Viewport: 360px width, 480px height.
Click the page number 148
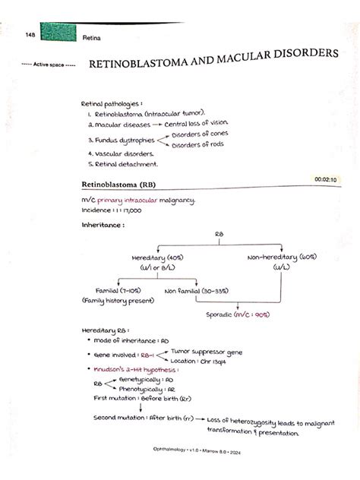[30, 35]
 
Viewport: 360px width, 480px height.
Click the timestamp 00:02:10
[324, 179]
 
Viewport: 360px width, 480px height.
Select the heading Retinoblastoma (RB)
[119, 185]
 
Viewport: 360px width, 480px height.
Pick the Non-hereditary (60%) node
[282, 257]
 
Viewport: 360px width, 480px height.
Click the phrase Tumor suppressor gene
[207, 352]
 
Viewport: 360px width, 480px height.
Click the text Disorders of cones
[200, 134]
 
